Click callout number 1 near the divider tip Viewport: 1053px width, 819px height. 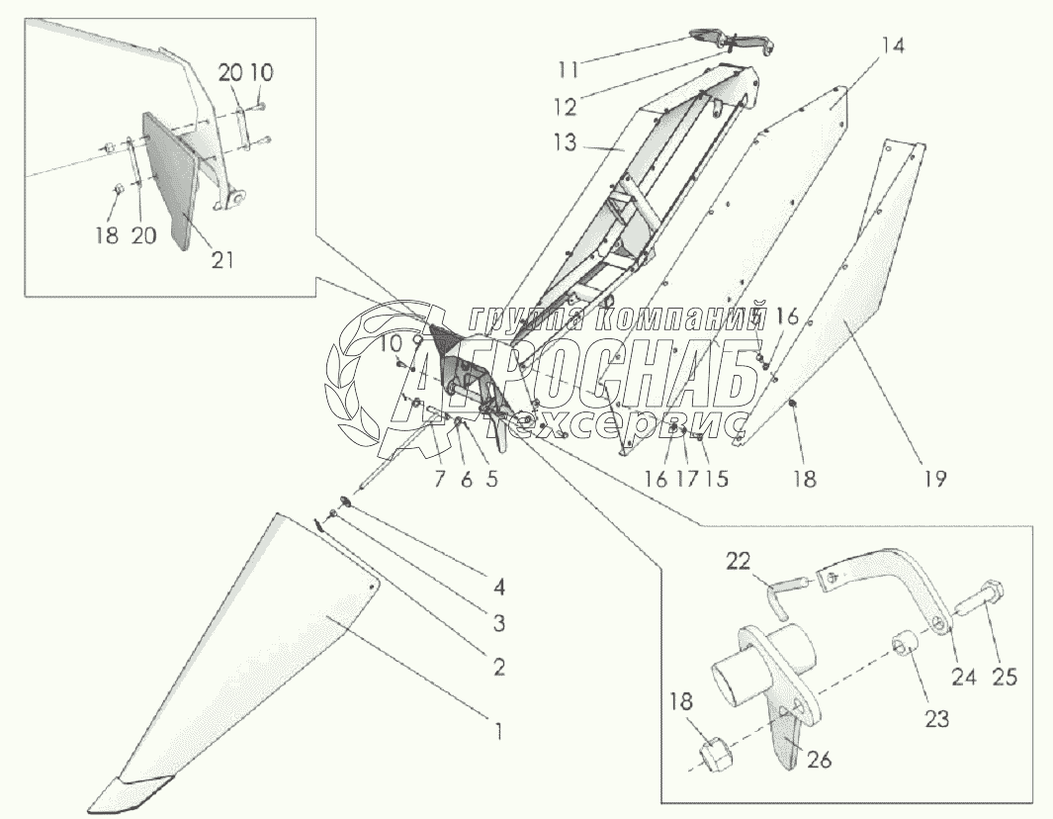[497, 732]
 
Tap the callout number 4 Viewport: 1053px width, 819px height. [499, 587]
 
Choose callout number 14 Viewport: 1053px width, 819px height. [893, 45]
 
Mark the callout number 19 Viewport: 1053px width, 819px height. [934, 479]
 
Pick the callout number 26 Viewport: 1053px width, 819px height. [820, 760]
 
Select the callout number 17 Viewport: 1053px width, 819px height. [688, 479]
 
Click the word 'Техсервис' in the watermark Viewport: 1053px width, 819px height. [672, 423]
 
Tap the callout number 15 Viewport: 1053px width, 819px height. [717, 479]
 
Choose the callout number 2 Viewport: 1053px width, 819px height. [499, 666]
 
